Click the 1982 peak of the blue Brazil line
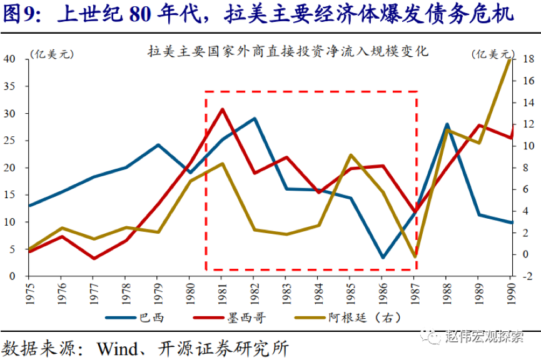(x=254, y=118)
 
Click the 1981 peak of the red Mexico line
(x=222, y=109)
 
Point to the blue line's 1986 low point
(x=383, y=257)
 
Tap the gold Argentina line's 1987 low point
(x=415, y=257)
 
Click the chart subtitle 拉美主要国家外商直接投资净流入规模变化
(x=288, y=51)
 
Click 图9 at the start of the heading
(x=21, y=14)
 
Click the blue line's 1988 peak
(x=447, y=124)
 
